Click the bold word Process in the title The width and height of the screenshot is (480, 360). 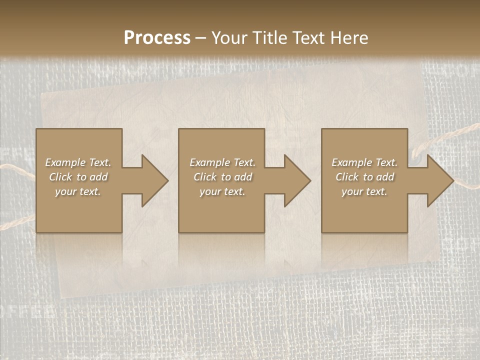click(x=157, y=38)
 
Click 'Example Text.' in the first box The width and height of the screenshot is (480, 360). click(x=78, y=162)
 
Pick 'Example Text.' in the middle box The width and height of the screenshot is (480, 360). click(x=222, y=162)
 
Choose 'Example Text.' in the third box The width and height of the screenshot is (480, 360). click(x=364, y=162)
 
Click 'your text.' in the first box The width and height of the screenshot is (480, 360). click(x=78, y=191)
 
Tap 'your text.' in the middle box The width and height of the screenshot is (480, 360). click(x=222, y=191)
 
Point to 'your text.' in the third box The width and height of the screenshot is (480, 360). click(x=364, y=191)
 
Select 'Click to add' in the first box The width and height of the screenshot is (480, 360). click(x=78, y=177)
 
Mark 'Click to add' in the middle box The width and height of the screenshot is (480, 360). click(x=222, y=177)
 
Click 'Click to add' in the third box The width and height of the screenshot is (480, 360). click(x=364, y=177)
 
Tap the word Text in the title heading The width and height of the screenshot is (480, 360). click(x=305, y=38)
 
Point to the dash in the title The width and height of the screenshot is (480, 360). click(x=200, y=38)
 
